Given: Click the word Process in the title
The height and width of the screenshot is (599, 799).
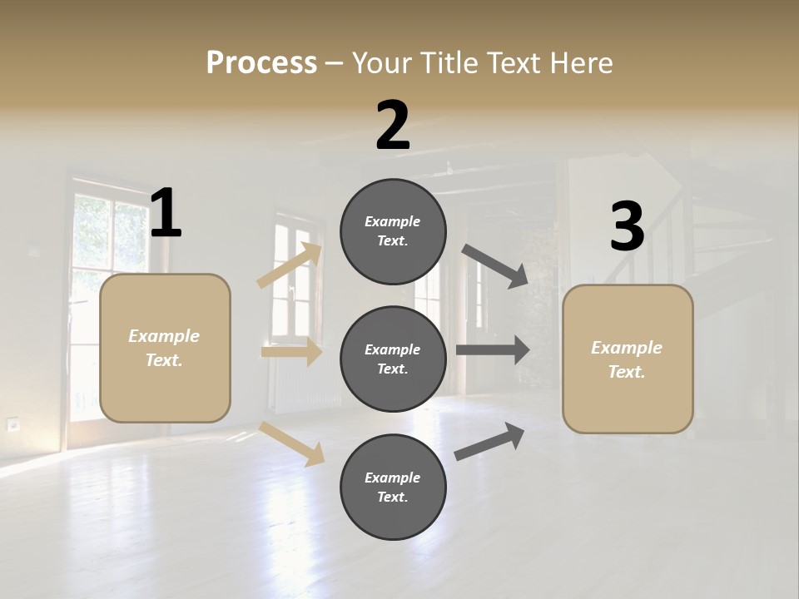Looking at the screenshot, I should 261,62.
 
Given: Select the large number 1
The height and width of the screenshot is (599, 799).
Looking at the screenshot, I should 166,214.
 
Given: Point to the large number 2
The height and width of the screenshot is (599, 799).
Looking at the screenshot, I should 393,126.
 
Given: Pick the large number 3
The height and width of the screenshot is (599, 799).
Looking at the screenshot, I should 627,227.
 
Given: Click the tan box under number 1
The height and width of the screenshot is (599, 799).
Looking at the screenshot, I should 165,348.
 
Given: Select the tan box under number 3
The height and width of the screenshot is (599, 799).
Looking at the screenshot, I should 628,359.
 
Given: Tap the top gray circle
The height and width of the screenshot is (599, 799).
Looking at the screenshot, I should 393,231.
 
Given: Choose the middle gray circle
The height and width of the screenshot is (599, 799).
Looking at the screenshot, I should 393,359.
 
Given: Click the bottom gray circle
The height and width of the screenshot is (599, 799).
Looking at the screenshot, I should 393,487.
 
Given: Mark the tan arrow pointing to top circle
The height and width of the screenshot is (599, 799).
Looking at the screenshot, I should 290,265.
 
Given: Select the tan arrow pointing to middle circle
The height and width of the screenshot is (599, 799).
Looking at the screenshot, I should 291,352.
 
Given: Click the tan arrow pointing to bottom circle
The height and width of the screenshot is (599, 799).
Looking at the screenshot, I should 292,443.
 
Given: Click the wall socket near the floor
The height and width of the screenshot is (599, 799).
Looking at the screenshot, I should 13,424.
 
